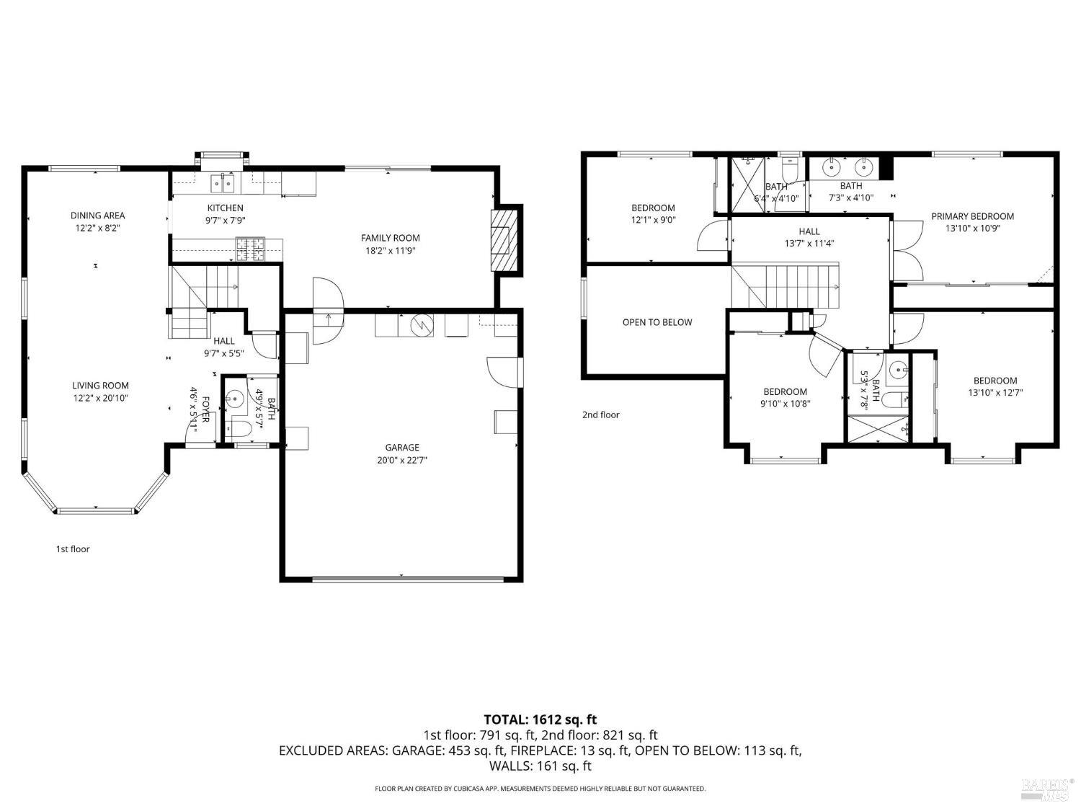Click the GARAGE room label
click(401, 448)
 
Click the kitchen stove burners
click(251, 249)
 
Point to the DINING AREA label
click(97, 216)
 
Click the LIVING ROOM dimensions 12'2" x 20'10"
click(100, 398)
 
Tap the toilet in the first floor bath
click(237, 430)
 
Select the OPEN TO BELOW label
click(657, 322)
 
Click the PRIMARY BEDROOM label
click(972, 216)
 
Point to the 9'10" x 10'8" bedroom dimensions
click(785, 404)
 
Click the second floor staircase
click(786, 286)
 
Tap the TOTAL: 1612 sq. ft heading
click(540, 719)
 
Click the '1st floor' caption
click(73, 549)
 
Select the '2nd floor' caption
click(600, 415)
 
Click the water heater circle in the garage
click(419, 326)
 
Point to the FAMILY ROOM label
click(390, 238)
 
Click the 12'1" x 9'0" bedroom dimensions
click(653, 220)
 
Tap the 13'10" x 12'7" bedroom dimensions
click(995, 393)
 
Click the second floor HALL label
click(809, 231)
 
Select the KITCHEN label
click(226, 208)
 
